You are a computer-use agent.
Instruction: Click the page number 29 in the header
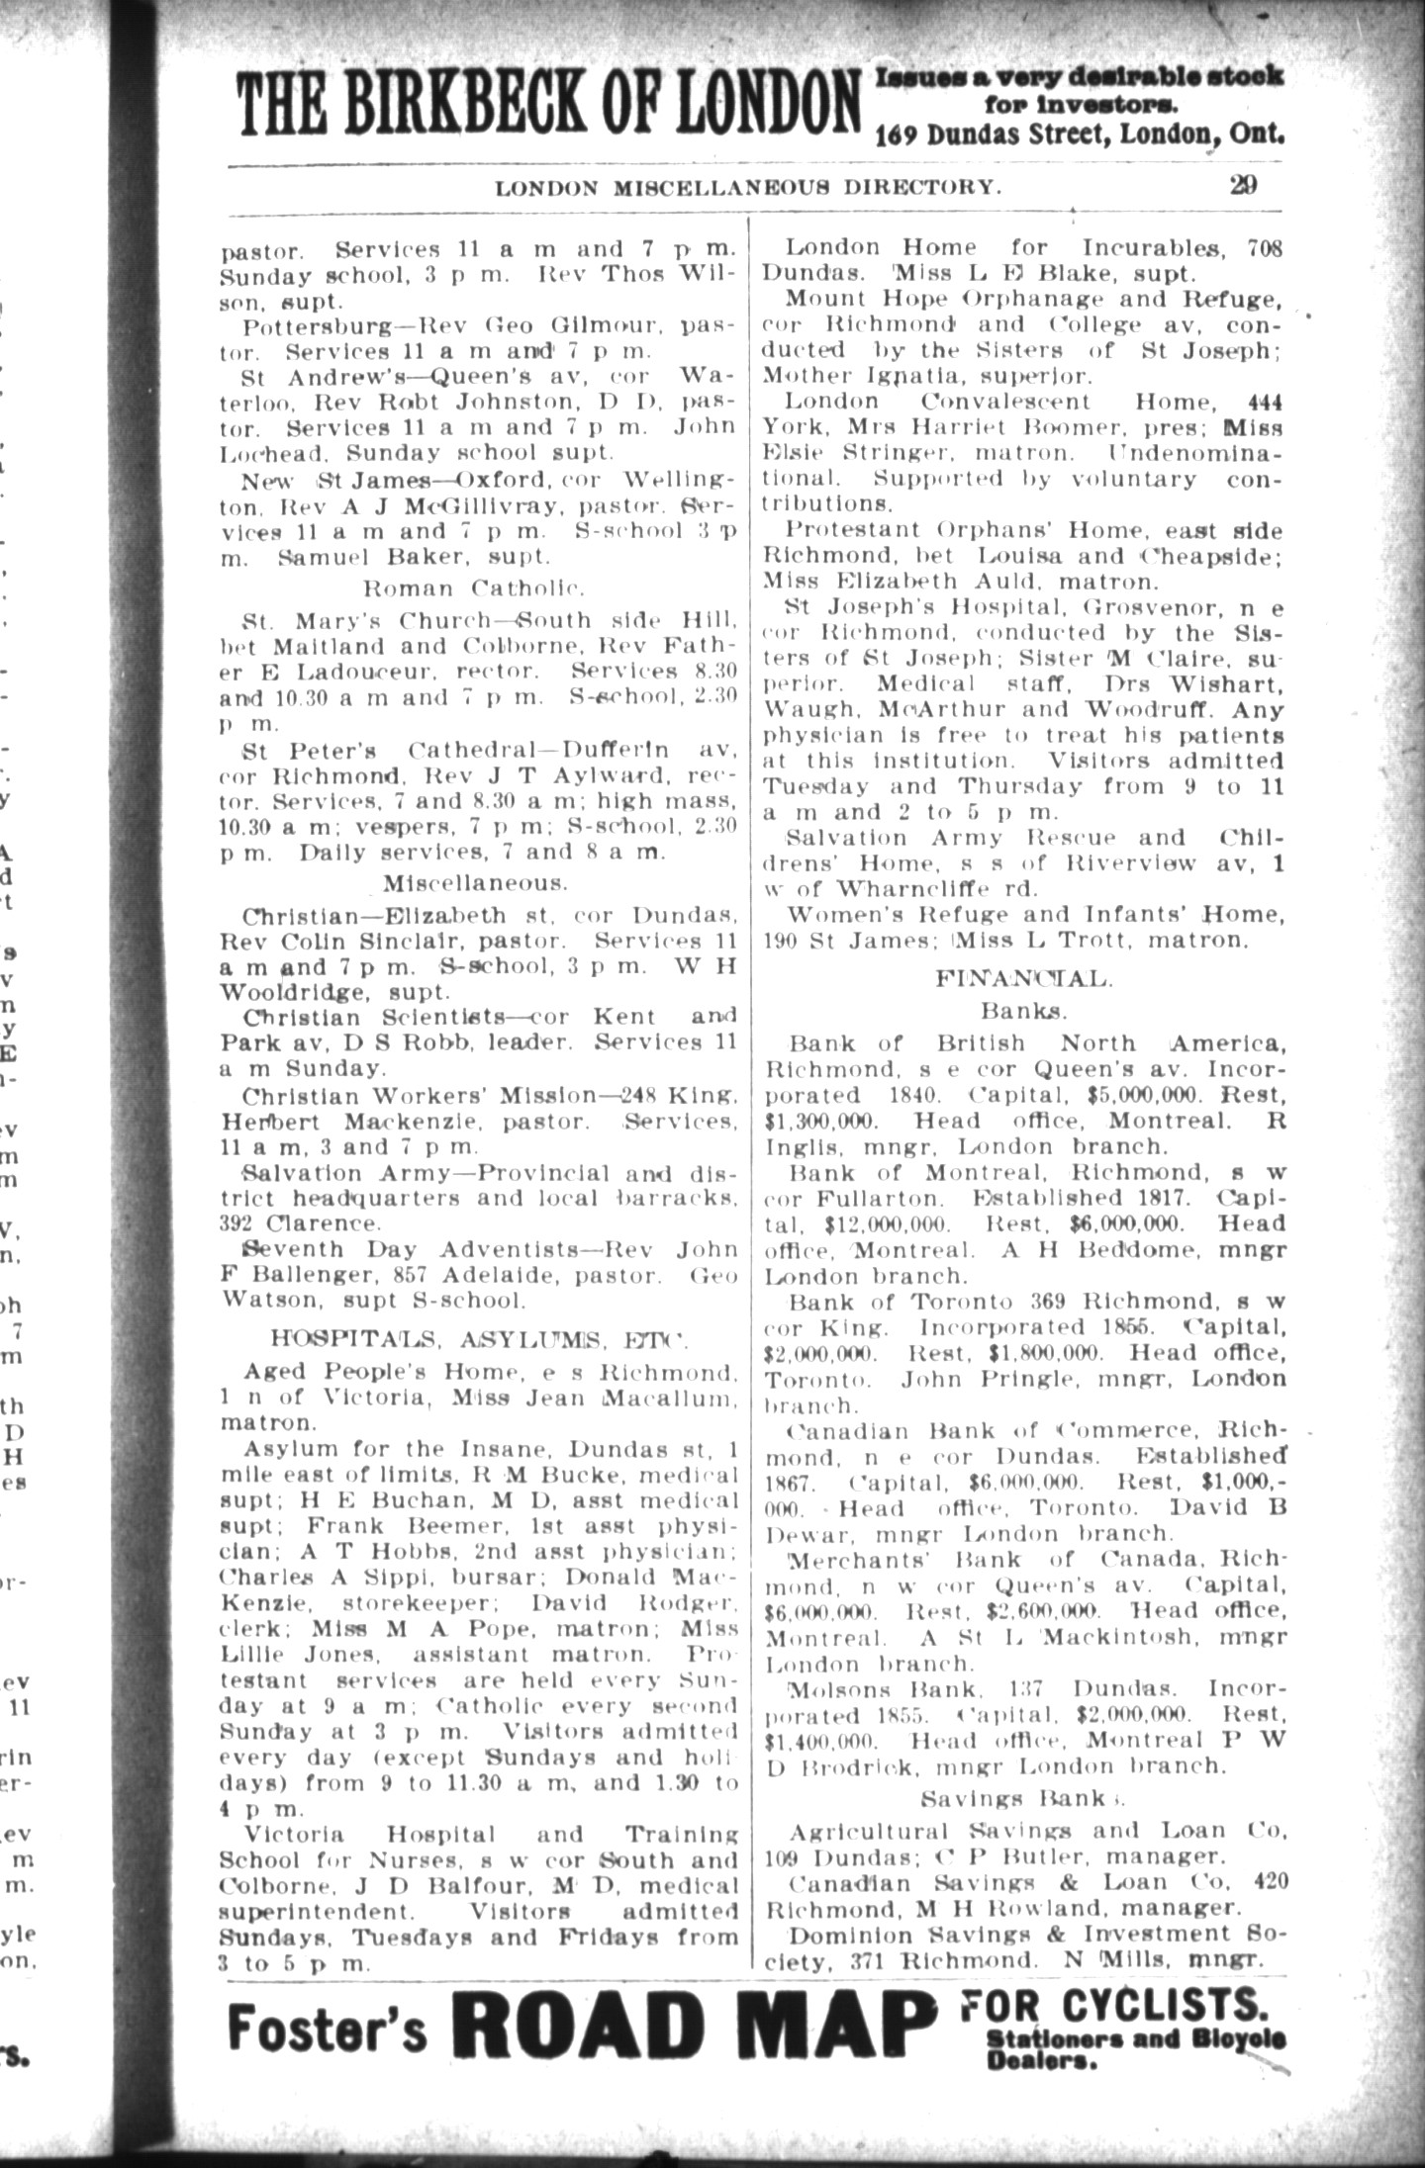(x=1243, y=185)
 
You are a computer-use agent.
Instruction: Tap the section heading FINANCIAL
(x=1024, y=979)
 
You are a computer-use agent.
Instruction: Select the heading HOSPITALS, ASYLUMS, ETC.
(x=479, y=1339)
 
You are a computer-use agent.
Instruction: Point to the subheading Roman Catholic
(x=476, y=588)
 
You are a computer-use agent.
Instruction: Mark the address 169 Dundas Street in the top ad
(x=998, y=135)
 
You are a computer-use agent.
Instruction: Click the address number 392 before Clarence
(x=237, y=1223)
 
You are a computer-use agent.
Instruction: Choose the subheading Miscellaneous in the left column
(x=476, y=881)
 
